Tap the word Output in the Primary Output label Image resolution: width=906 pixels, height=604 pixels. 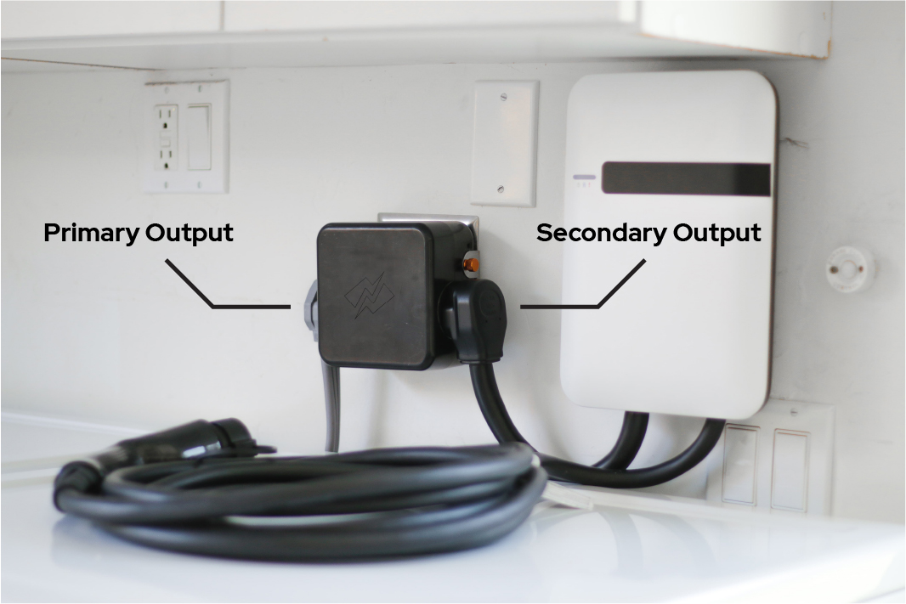point(189,232)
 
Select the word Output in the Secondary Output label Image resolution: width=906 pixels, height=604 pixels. point(716,232)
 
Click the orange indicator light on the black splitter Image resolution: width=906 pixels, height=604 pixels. point(470,265)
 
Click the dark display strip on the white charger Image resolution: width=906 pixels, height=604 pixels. point(687,179)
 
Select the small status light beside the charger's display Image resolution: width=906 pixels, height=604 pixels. point(584,178)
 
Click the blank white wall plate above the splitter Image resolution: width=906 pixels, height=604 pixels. point(504,143)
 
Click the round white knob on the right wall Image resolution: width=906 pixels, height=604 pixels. point(850,269)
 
